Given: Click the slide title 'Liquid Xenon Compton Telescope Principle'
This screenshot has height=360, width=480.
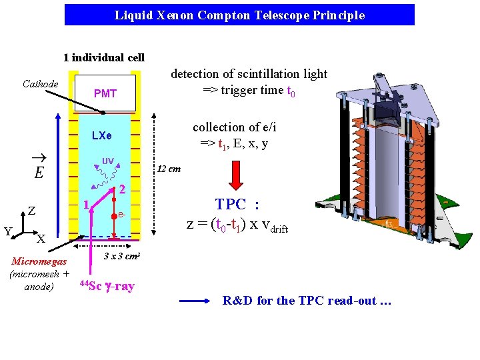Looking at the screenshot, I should coord(239,15).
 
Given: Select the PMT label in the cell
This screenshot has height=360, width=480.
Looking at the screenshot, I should coord(105,94).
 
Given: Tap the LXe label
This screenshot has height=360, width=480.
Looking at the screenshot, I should coord(101,136).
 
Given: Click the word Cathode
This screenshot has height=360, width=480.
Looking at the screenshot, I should coord(41,84).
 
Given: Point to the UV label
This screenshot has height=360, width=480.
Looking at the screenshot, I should coord(107,160).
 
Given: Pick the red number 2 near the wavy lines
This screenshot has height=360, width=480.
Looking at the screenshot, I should coord(123,189).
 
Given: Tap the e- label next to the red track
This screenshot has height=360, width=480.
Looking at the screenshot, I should coord(123,215).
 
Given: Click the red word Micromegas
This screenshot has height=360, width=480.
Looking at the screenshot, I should coord(39,262).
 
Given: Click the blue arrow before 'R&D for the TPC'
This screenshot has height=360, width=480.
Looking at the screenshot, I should coord(194,301).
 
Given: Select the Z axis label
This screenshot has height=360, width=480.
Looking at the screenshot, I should coord(32,211).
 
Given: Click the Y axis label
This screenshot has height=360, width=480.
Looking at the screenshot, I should coord(8,232).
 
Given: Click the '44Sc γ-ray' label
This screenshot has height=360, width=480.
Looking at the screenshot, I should coord(107,286).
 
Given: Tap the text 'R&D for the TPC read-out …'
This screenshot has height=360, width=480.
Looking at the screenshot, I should coord(307,301).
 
